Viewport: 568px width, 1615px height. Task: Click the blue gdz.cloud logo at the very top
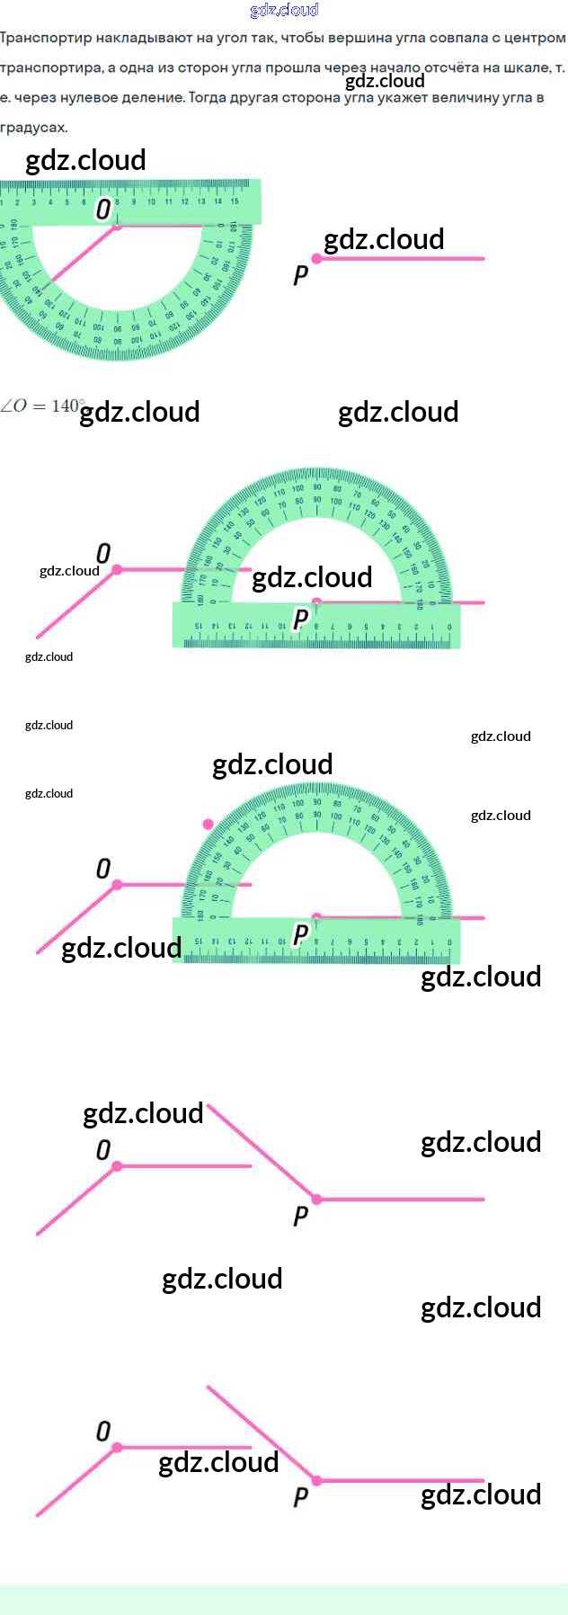coord(284,10)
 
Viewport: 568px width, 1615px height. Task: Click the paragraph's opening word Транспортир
coord(38,38)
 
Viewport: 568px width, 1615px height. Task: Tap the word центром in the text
coord(538,38)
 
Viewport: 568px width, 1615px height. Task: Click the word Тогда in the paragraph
coord(207,97)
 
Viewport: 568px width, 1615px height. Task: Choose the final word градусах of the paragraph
coord(34,127)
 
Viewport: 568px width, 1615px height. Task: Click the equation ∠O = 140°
coord(43,406)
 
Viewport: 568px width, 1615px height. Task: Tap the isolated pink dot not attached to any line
coord(209,824)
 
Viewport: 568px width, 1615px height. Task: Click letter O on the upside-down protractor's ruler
coord(103,209)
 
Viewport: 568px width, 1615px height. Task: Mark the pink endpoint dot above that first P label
coord(316,259)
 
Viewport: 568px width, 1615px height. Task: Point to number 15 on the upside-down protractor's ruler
coord(235,201)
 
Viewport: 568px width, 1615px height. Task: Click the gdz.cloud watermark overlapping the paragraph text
coord(385,81)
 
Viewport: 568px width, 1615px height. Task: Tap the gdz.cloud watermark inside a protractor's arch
coord(312,577)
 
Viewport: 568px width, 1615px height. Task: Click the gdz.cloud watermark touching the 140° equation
coord(139,412)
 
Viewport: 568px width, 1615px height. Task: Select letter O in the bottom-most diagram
coord(103,1431)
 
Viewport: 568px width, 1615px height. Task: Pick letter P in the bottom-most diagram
coord(301,1497)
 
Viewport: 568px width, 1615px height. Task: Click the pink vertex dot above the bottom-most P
coord(316,1480)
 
